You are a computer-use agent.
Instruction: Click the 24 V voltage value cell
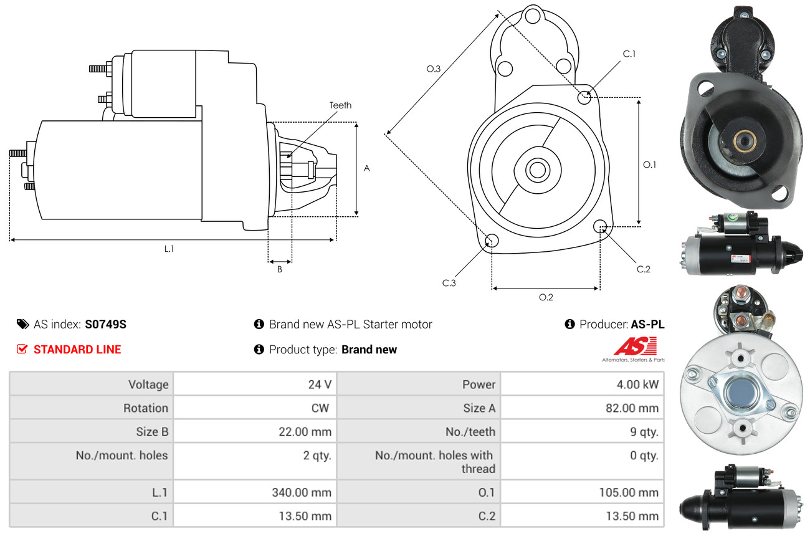coord(320,384)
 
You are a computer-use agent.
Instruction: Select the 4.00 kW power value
coord(637,384)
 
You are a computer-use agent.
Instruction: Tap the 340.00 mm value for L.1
coord(302,492)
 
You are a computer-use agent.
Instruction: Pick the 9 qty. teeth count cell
coord(644,431)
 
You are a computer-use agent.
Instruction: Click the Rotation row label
coord(146,408)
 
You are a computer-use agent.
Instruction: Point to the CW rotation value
coord(320,408)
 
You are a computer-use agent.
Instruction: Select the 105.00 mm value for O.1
coord(629,492)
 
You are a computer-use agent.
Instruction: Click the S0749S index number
coord(105,324)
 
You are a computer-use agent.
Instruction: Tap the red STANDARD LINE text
coord(77,350)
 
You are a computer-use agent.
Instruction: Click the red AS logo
coord(636,346)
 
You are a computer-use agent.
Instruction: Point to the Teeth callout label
coord(340,105)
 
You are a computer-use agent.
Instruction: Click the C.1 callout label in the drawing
coord(629,54)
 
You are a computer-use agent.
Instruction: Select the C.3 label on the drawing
coord(449,283)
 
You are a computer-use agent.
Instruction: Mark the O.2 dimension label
coord(546,297)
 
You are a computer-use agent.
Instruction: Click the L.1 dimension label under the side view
coord(169,249)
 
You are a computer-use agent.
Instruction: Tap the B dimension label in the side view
coord(280,269)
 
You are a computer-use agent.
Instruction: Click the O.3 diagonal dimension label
coord(433,69)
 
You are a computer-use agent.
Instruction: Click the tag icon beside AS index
coord(23,324)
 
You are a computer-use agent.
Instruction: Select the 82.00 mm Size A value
coord(632,408)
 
